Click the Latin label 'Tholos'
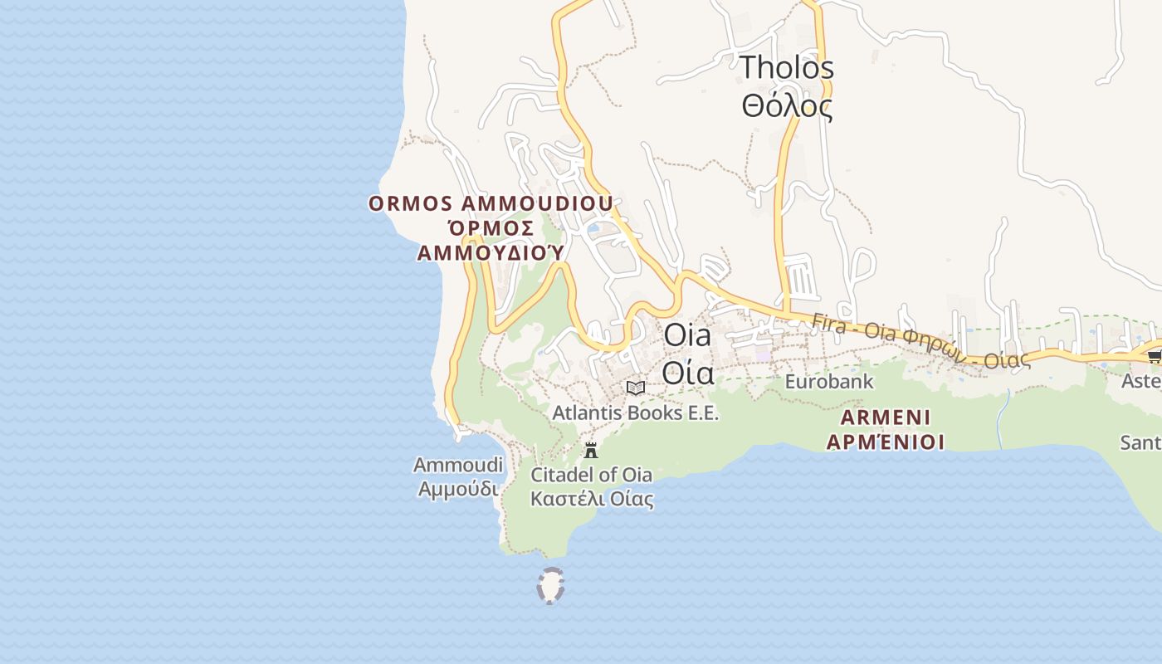787,68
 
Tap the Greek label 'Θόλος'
787,106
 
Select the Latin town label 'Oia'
688,336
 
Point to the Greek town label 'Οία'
688,373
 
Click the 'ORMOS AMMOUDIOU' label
491,204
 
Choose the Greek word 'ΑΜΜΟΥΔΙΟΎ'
491,252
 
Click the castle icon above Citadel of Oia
591,451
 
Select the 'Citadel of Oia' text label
591,476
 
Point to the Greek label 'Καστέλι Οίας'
591,499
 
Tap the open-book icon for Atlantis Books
636,388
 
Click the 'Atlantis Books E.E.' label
636,413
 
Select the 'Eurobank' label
829,382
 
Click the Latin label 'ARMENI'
886,417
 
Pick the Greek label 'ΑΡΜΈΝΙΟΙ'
886,442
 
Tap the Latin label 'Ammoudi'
458,465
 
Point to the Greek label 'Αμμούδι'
458,489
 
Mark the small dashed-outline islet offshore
550,585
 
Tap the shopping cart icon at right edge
1154,356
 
